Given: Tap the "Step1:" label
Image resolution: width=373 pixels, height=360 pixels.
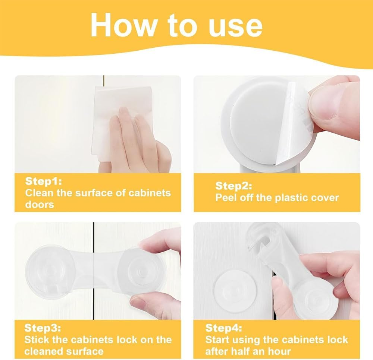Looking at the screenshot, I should click(43, 181).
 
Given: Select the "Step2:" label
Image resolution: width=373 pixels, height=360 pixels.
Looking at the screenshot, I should click(233, 186).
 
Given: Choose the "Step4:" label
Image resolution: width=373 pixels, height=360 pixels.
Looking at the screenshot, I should click(223, 328).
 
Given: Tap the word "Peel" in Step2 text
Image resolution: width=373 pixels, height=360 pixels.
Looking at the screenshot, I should click(226, 198).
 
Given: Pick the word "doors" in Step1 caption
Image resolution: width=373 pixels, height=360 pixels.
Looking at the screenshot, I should click(40, 205).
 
